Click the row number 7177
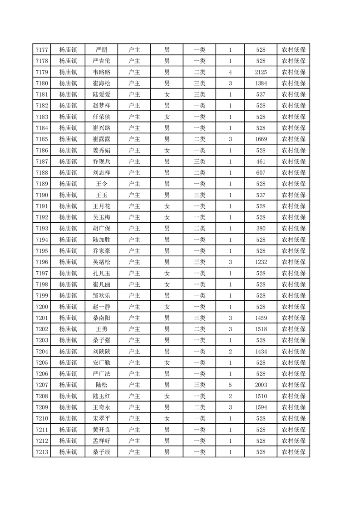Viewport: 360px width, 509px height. coord(42,50)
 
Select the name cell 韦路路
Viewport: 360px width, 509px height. coord(102,72)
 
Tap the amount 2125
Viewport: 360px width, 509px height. coord(261,72)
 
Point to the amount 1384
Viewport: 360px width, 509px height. coord(261,83)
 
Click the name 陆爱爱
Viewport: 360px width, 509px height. coord(102,94)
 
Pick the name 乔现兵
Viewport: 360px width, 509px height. coord(102,161)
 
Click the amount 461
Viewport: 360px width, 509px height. coord(261,161)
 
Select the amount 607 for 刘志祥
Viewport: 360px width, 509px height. coord(261,172)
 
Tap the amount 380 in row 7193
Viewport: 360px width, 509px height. coord(261,228)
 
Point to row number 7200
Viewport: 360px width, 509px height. coord(42,306)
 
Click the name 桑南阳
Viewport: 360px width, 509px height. coord(102,318)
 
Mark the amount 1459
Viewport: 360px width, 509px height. coord(261,318)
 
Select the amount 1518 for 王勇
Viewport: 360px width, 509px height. coord(261,328)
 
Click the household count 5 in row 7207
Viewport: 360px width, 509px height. coord(231,385)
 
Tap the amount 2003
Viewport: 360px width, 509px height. coord(261,385)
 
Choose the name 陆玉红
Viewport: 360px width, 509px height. coord(102,396)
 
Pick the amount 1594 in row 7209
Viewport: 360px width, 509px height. coord(261,407)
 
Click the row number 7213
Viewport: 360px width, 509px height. coord(42,451)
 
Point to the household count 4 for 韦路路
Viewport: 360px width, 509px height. coord(231,72)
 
